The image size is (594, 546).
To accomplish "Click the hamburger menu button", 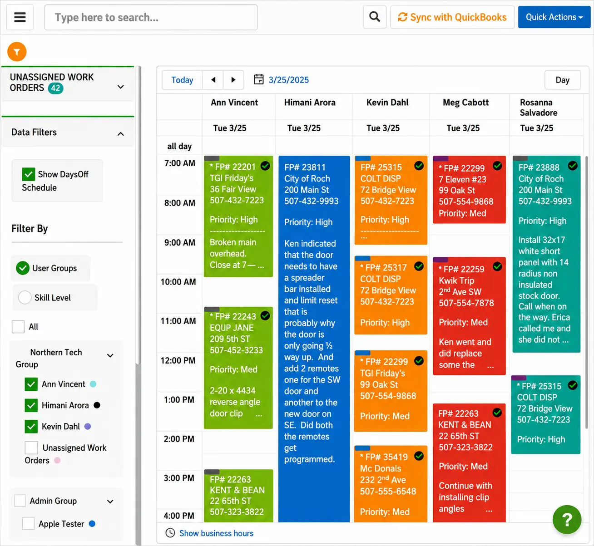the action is (20, 17).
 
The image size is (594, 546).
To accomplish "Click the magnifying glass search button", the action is (375, 17).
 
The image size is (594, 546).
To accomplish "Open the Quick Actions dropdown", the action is (554, 17).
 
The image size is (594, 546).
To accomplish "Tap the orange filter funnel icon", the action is (17, 52).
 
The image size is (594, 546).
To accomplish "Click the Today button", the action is (182, 80).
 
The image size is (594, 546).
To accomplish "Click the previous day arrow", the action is (213, 80).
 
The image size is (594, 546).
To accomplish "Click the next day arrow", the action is (233, 80).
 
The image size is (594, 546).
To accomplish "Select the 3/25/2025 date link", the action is (288, 80).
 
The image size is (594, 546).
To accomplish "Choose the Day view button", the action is (563, 80).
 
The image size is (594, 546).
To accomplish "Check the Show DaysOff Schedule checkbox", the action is (29, 174).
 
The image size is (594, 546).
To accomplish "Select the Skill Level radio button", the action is (25, 297).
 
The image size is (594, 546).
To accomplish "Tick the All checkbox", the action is (18, 327).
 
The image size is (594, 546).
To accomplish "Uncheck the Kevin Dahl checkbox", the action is (31, 427).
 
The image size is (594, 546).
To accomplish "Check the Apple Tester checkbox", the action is (29, 523).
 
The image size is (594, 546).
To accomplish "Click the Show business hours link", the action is (216, 533).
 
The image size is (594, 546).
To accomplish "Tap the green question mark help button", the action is (567, 519).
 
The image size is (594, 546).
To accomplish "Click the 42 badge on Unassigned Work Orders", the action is (56, 88).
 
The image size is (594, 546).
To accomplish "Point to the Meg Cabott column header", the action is (465, 103).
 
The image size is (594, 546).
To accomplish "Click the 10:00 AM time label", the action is (178, 282).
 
